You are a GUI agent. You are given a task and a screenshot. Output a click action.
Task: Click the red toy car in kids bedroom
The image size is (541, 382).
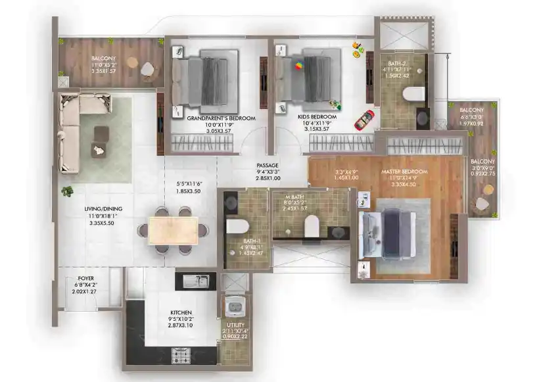click(x=364, y=120)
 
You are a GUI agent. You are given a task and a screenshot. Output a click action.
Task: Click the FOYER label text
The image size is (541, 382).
click(x=85, y=277)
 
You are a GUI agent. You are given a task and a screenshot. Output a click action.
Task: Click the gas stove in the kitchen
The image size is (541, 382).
click(x=182, y=355)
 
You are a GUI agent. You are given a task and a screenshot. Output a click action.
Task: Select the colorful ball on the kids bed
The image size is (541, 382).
click(x=299, y=66)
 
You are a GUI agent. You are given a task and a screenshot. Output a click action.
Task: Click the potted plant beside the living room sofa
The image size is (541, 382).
click(x=67, y=191)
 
